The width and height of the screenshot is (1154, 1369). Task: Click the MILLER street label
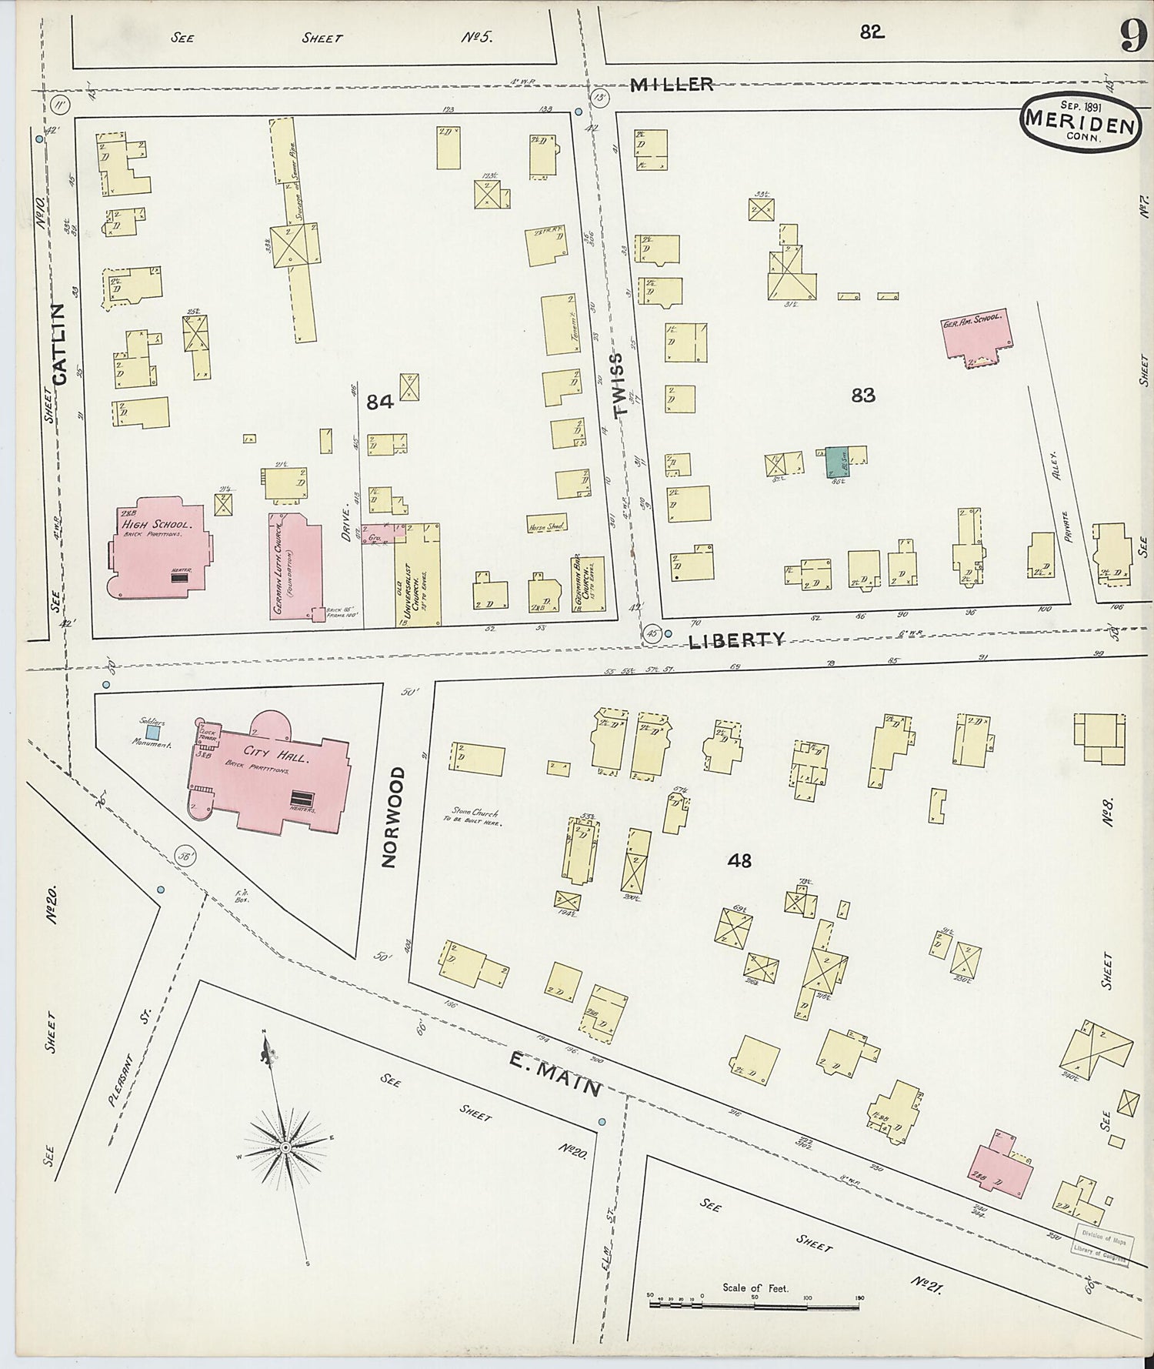click(672, 85)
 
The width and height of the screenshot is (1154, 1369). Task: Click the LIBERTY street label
click(736, 639)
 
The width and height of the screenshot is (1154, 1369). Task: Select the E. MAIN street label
click(554, 1074)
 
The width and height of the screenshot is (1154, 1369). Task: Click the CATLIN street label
click(60, 343)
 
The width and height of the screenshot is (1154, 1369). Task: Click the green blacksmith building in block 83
click(835, 462)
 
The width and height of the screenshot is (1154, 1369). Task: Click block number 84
click(380, 401)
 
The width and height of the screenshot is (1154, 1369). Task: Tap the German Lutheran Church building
click(295, 566)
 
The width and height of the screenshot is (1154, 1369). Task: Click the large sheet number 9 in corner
click(1132, 37)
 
